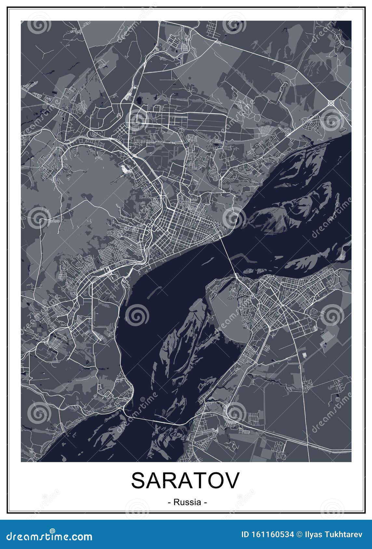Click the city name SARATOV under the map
pyautogui.click(x=185, y=480)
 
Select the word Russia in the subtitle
pyautogui.click(x=187, y=502)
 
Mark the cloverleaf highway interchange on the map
pyautogui.click(x=331, y=103)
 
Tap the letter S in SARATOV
pyautogui.click(x=139, y=480)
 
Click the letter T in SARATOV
pyautogui.click(x=193, y=480)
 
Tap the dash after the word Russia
pyautogui.click(x=205, y=502)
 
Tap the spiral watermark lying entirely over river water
pyautogui.click(x=137, y=315)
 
